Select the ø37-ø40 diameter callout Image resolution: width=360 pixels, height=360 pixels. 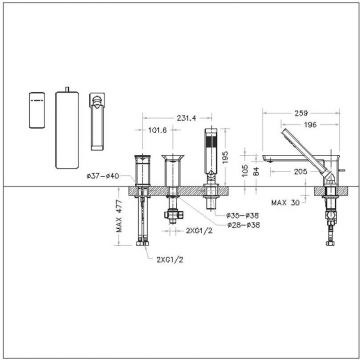tap(103, 176)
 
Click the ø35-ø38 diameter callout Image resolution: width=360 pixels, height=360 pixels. tap(240, 215)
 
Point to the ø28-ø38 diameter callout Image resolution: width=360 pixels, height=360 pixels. tap(240, 226)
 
